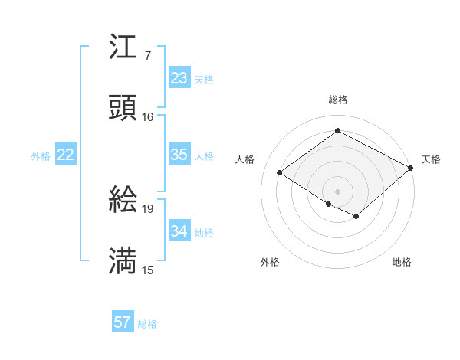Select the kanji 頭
123,108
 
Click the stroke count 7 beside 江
147,55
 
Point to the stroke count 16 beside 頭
147,117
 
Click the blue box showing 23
179,78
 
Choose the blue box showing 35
179,155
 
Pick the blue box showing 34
179,231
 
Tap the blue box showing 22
66,155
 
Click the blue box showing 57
123,322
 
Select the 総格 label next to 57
147,324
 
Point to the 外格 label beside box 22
41,156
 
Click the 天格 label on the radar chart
431,159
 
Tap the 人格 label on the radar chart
245,159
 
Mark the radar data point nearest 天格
411,169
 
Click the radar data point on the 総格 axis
337,131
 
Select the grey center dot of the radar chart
337,191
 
